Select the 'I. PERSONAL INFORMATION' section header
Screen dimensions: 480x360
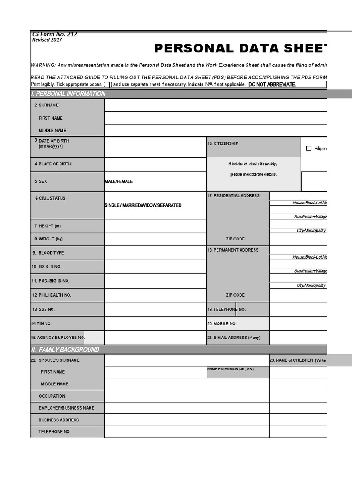tap(68, 94)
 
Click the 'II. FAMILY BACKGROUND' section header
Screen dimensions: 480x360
tap(65, 350)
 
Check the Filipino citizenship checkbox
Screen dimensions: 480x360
tap(308, 149)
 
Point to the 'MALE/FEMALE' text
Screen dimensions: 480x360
tap(119, 181)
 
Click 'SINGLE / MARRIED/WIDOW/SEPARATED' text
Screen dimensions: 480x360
tap(143, 205)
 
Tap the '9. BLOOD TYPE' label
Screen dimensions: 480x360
tap(48, 253)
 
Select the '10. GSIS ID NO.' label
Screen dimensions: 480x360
tap(46, 267)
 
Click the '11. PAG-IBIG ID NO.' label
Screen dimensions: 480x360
tap(51, 281)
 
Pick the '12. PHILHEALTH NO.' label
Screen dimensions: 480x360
tap(52, 295)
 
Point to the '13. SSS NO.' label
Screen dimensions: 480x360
tap(44, 309)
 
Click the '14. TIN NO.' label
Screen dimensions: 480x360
tap(41, 324)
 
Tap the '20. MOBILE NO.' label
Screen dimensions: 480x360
tap(222, 324)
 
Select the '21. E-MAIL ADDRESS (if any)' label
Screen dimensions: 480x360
tap(233, 337)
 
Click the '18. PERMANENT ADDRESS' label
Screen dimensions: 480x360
tap(233, 250)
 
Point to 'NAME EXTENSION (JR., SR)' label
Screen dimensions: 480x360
tap(230, 369)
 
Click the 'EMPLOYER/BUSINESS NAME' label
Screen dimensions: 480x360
tap(67, 408)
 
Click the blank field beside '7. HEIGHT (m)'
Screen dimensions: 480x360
tap(155, 226)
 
